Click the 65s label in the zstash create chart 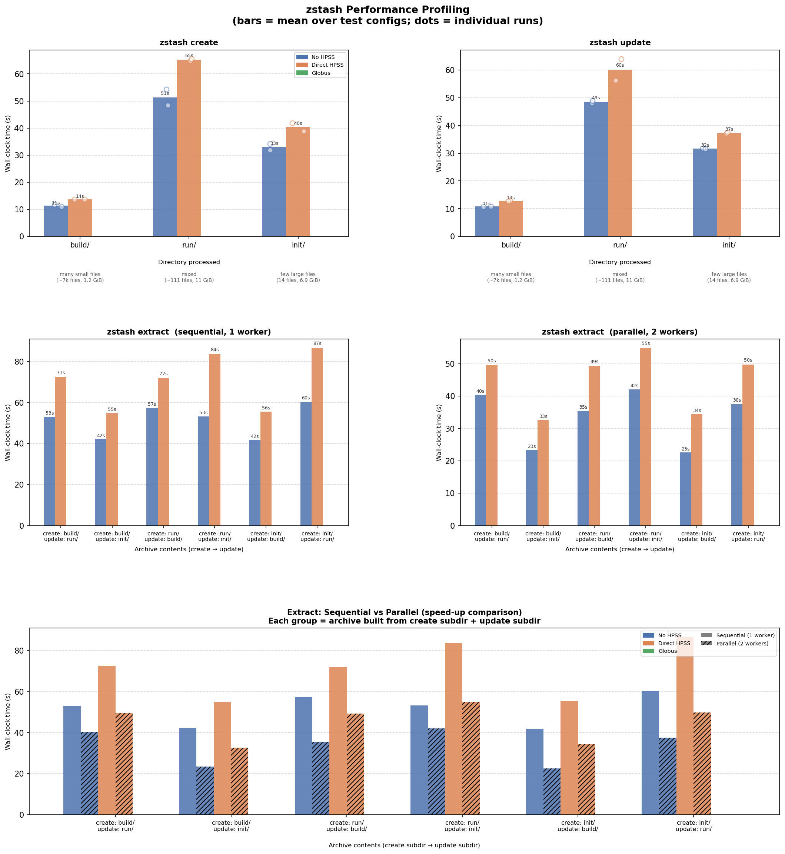pos(189,56)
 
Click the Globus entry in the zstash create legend pos(321,73)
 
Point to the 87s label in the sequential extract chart pos(317,343)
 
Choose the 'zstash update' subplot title pos(620,43)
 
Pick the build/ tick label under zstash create pos(80,245)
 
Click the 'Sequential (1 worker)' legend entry pos(745,636)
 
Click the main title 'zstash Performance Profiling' pos(387,10)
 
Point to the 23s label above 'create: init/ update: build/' pos(685,449)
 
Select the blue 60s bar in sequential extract pos(306,463)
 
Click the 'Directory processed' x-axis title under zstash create pos(189,262)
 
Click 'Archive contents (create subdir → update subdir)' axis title pos(404,845)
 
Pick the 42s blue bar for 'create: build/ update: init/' pos(101,482)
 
